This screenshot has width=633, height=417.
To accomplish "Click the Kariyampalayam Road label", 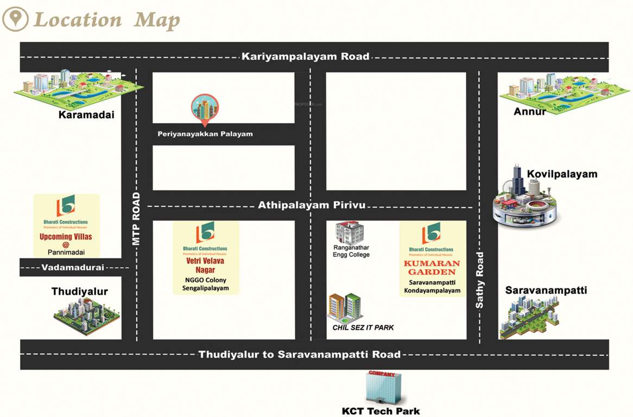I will pyautogui.click(x=306, y=56).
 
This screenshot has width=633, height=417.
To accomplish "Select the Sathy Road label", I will pyautogui.click(x=480, y=280).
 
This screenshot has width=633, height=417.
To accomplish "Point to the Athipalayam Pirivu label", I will pyautogui.click(x=312, y=205).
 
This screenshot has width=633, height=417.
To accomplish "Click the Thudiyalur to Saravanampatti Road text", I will pyautogui.click(x=299, y=355).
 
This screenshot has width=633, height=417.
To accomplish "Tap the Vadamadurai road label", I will pyautogui.click(x=73, y=267).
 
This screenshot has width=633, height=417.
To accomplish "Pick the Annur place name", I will pyautogui.click(x=529, y=111).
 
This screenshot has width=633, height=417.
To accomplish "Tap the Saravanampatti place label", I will pyautogui.click(x=546, y=290).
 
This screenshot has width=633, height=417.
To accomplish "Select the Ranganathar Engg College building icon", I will pyautogui.click(x=349, y=232).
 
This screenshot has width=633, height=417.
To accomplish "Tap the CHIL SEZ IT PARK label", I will pyautogui.click(x=363, y=327).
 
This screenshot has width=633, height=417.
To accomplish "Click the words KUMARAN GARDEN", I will pyautogui.click(x=432, y=267).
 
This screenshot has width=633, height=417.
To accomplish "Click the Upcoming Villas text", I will pyautogui.click(x=66, y=237).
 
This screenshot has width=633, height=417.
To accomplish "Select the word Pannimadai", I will pyautogui.click(x=66, y=252).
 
